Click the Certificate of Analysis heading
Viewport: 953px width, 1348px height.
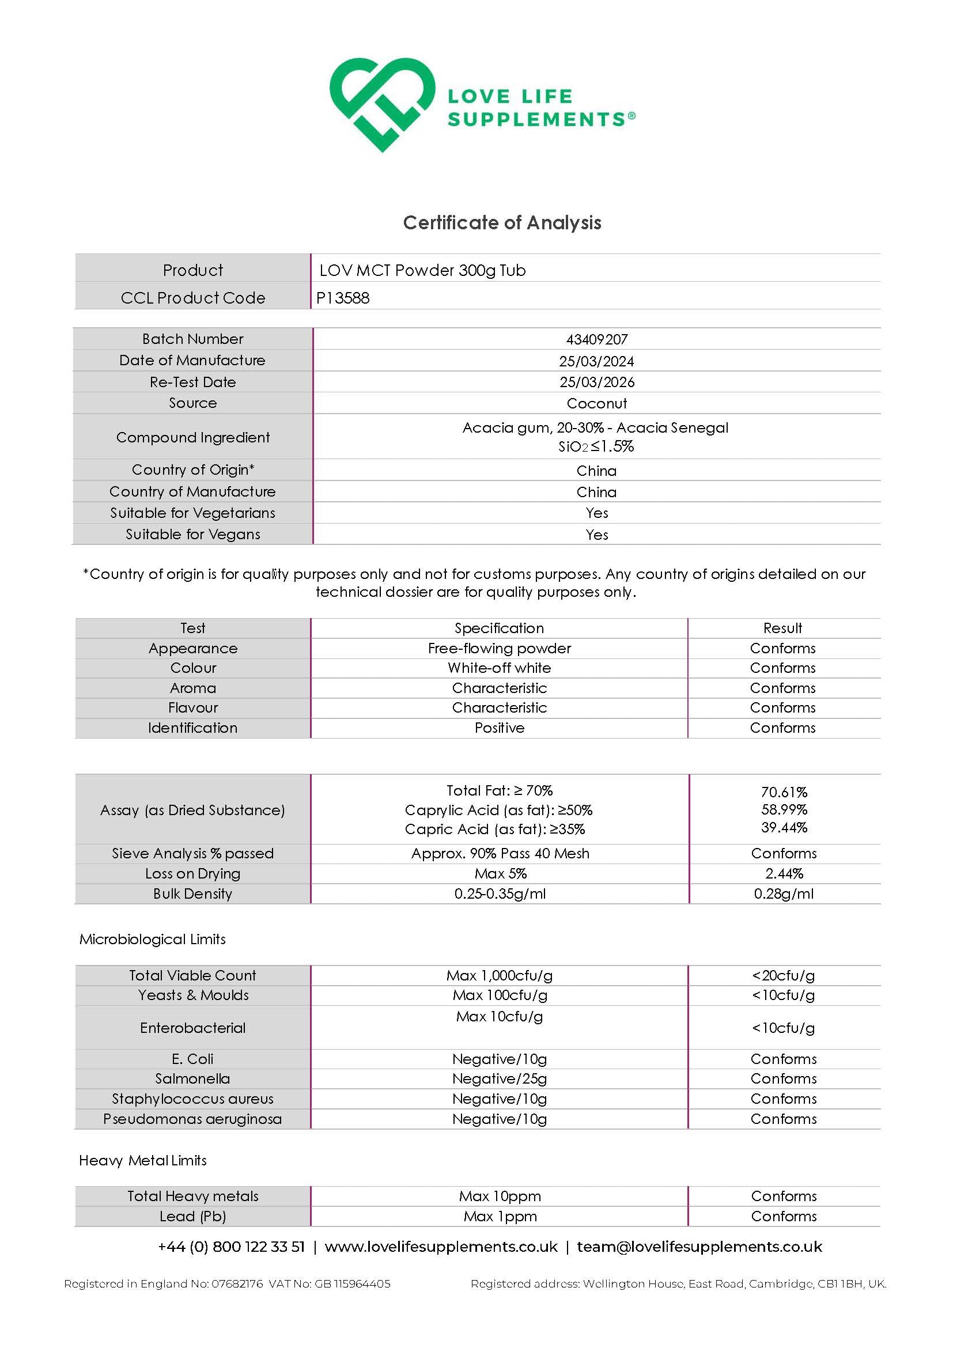502,222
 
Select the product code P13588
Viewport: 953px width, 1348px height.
343,298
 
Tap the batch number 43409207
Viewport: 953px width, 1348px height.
596,339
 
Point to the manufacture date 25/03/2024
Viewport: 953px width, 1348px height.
596,361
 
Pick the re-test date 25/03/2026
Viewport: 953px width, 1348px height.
596,382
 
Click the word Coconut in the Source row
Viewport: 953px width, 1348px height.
596,403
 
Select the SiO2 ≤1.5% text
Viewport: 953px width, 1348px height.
596,447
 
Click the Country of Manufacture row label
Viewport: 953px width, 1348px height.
192,491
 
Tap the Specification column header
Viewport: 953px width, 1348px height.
499,628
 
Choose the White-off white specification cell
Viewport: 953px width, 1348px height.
499,668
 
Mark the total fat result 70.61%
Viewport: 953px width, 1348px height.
784,792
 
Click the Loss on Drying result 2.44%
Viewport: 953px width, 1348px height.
784,874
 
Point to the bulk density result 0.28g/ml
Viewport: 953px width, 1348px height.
784,893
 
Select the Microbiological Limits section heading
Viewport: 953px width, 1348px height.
153,940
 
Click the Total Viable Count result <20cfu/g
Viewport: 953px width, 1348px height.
783,976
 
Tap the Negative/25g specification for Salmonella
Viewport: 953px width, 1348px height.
499,1079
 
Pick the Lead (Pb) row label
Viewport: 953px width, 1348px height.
192,1217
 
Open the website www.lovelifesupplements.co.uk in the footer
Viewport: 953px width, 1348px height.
441,1247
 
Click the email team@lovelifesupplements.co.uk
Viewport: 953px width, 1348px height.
699,1247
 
